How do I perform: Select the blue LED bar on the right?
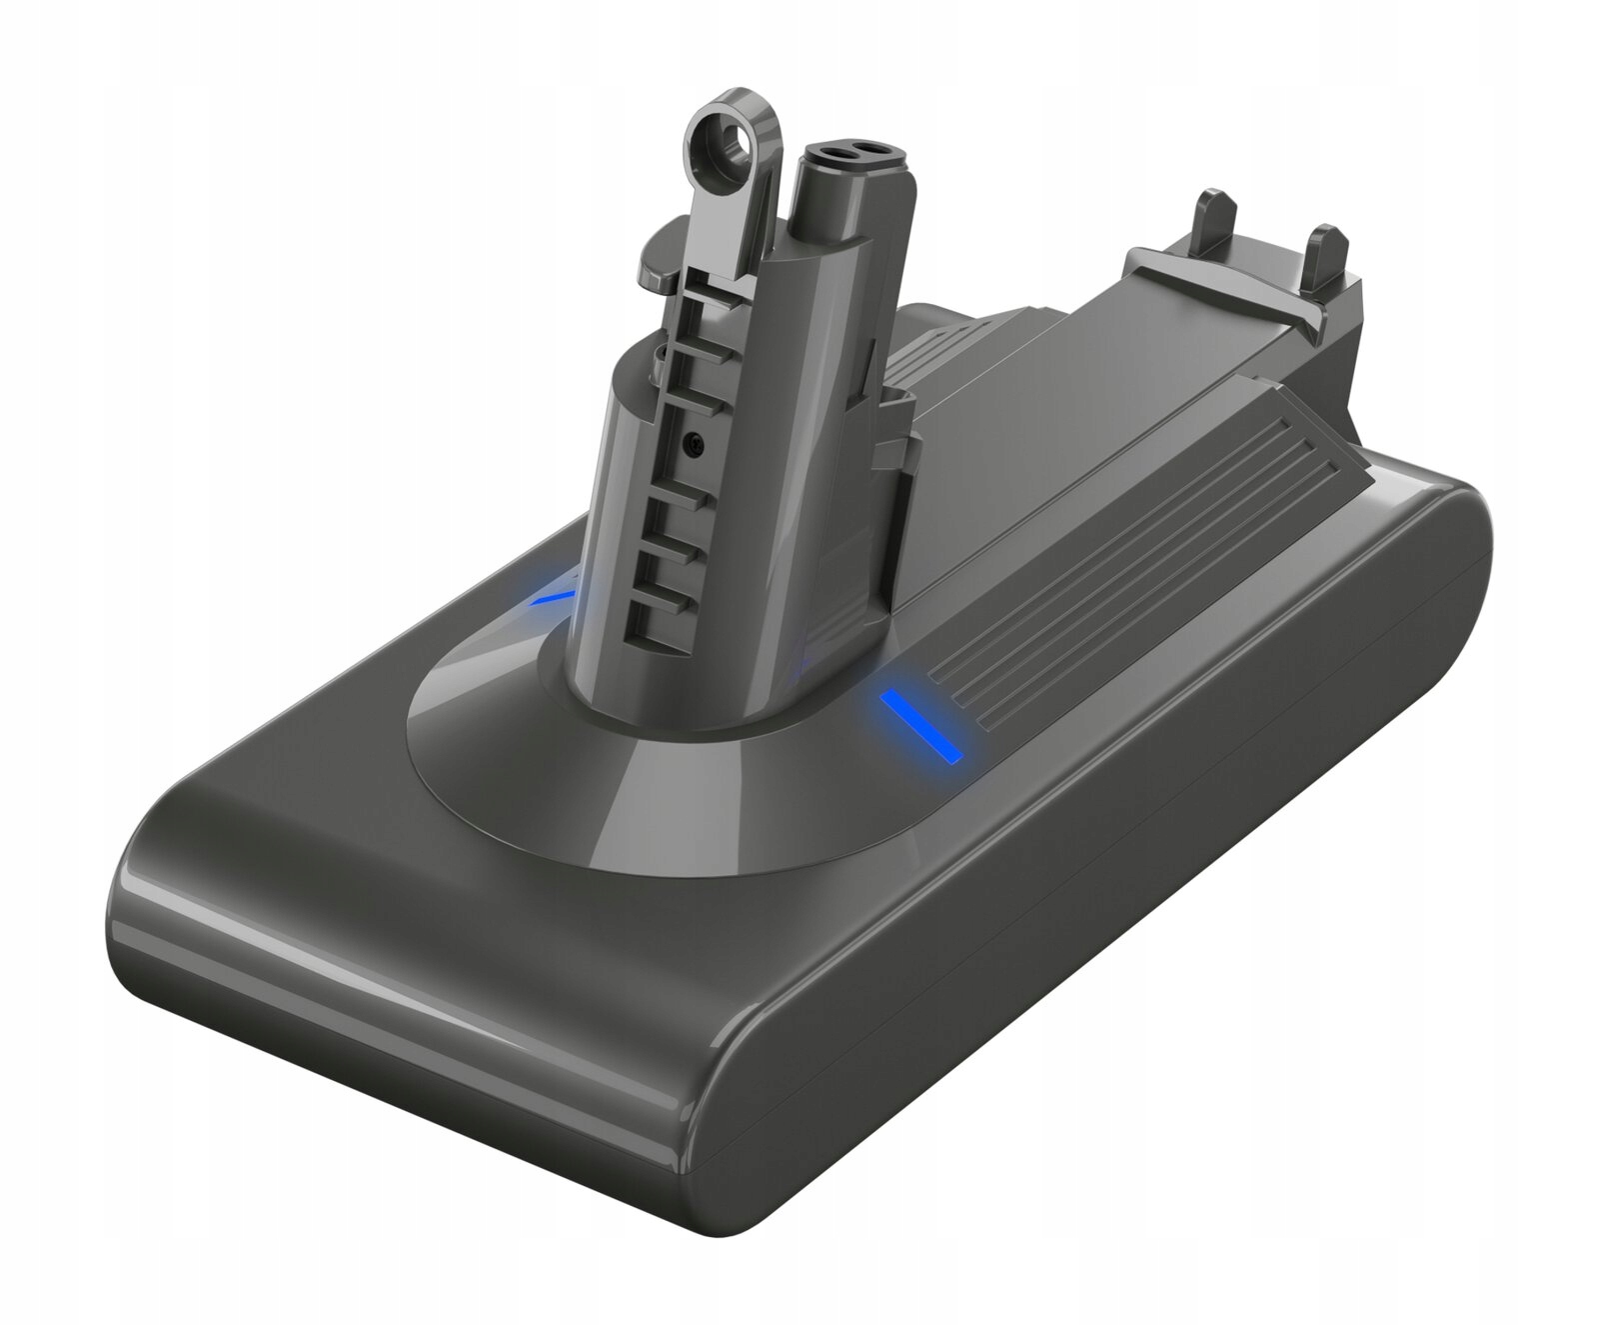pos(919,725)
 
